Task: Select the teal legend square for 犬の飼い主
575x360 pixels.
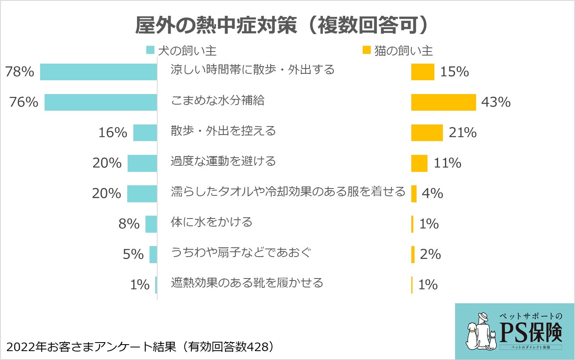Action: coord(150,50)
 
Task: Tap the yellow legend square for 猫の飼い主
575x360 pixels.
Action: coord(366,50)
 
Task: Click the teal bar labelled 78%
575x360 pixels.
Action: coord(98,72)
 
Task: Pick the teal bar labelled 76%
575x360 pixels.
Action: coord(100,102)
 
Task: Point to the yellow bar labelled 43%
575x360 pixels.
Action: coord(443,102)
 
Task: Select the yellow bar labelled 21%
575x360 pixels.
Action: coord(427,133)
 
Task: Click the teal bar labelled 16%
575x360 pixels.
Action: coord(145,133)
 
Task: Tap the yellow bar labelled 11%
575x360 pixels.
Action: coord(419,163)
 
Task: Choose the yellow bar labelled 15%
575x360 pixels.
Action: coord(422,72)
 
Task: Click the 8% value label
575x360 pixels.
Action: coord(129,224)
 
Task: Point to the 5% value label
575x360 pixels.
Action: coord(133,254)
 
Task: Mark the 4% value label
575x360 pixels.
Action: coord(432,193)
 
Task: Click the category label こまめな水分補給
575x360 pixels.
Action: coord(218,100)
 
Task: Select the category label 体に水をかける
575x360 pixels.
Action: coord(212,222)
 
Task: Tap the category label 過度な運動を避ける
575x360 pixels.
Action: coord(223,161)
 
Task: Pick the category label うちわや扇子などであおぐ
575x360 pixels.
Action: coord(241,252)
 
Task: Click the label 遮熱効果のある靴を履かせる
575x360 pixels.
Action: coord(247,283)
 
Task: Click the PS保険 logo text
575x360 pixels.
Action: coord(531,332)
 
